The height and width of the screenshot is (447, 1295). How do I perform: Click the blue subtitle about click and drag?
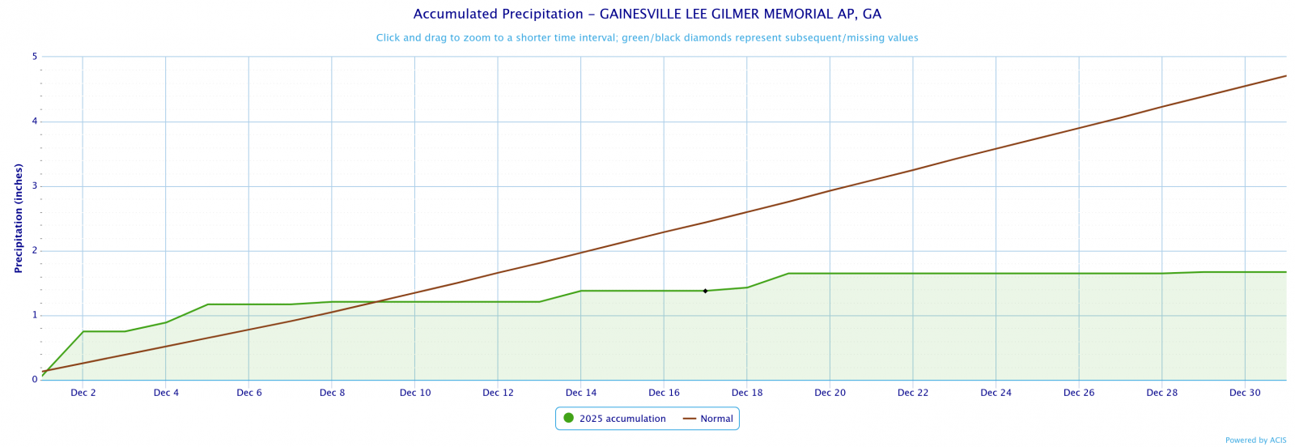[647, 38]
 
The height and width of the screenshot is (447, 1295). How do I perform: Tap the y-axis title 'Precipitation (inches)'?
[19, 218]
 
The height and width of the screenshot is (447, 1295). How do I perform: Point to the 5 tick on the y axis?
[35, 57]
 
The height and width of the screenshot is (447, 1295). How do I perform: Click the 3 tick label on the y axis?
[35, 186]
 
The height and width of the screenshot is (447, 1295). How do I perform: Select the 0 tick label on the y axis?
[35, 379]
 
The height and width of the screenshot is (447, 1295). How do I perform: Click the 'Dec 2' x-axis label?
[83, 393]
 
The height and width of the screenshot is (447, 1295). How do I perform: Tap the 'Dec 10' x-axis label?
[415, 393]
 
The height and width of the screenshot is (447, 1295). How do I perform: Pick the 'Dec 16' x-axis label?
[664, 393]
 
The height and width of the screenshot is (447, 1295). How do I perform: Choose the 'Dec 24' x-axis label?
[996, 393]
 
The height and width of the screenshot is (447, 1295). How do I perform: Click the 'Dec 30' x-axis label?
[1245, 393]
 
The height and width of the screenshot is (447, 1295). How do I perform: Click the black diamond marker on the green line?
[705, 291]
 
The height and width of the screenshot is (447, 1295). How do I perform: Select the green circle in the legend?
[568, 418]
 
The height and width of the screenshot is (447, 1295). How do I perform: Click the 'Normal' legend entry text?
[716, 419]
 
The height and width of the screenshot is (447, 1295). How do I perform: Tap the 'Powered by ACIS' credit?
[1255, 441]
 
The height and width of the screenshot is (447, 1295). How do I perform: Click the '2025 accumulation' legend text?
[622, 419]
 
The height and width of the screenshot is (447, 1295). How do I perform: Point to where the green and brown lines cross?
[377, 302]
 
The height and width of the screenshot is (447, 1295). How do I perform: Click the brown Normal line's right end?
[1285, 76]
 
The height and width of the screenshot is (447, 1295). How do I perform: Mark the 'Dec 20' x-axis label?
[830, 393]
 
